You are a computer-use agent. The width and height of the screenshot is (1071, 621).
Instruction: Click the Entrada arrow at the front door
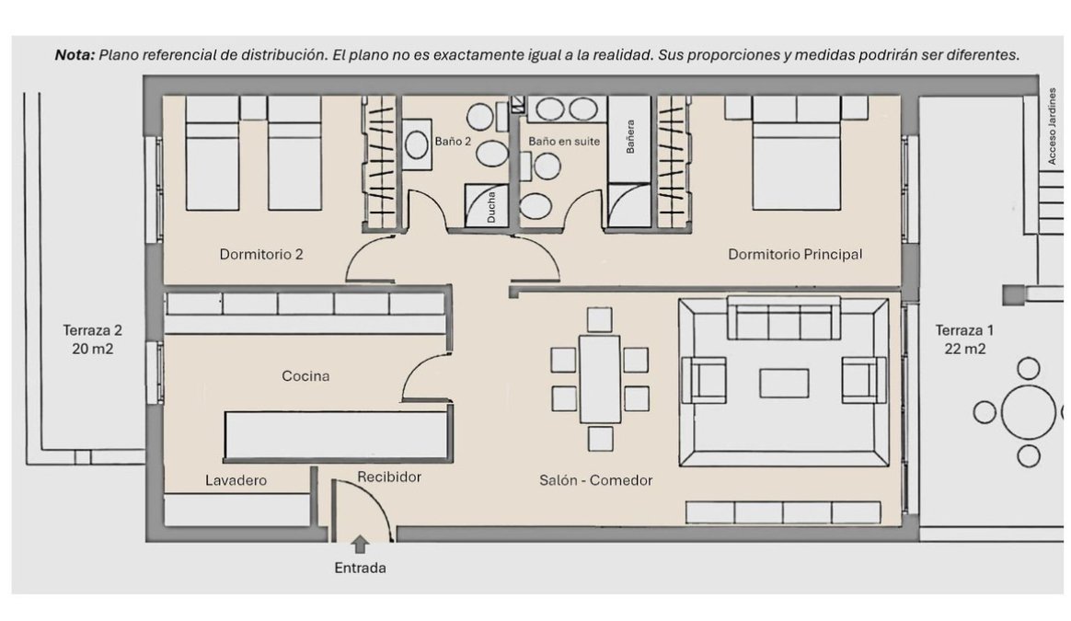[x=360, y=545]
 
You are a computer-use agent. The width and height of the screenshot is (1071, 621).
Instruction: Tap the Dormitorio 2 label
[x=261, y=255]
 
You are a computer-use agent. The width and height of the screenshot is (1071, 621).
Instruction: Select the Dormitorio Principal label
[x=795, y=254]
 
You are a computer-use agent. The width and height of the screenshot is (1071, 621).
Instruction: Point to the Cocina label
[x=305, y=375]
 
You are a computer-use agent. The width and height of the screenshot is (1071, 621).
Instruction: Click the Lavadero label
[x=236, y=480]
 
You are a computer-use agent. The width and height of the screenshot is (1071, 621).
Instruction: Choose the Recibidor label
[x=389, y=477]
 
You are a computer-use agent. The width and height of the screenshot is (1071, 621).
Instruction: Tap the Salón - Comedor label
[x=596, y=480]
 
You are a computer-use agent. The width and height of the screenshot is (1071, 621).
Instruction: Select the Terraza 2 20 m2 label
[x=92, y=339]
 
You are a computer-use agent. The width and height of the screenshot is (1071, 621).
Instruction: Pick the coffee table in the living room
[x=784, y=383]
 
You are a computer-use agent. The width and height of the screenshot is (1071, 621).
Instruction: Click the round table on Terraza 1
[x=1029, y=412]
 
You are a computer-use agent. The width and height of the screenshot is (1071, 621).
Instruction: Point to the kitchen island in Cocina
[x=337, y=435]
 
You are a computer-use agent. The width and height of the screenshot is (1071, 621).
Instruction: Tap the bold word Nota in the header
[x=74, y=54]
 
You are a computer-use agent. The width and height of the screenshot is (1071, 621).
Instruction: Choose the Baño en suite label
[x=564, y=142]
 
